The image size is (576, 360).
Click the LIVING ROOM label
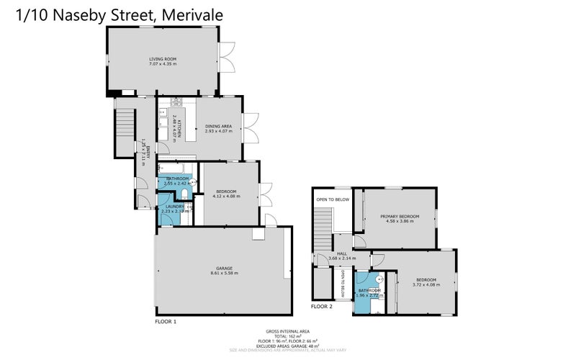coord(163,59)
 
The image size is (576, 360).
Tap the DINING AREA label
coord(217,126)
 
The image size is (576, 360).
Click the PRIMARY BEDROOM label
coord(399,215)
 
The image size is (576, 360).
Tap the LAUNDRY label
coord(176,207)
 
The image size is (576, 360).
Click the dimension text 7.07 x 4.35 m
coord(163,65)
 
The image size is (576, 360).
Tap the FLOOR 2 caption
coord(322,306)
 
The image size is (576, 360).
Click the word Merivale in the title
coord(192,13)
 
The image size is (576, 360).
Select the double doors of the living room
coord(227,58)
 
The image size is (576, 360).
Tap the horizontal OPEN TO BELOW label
coord(333,199)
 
